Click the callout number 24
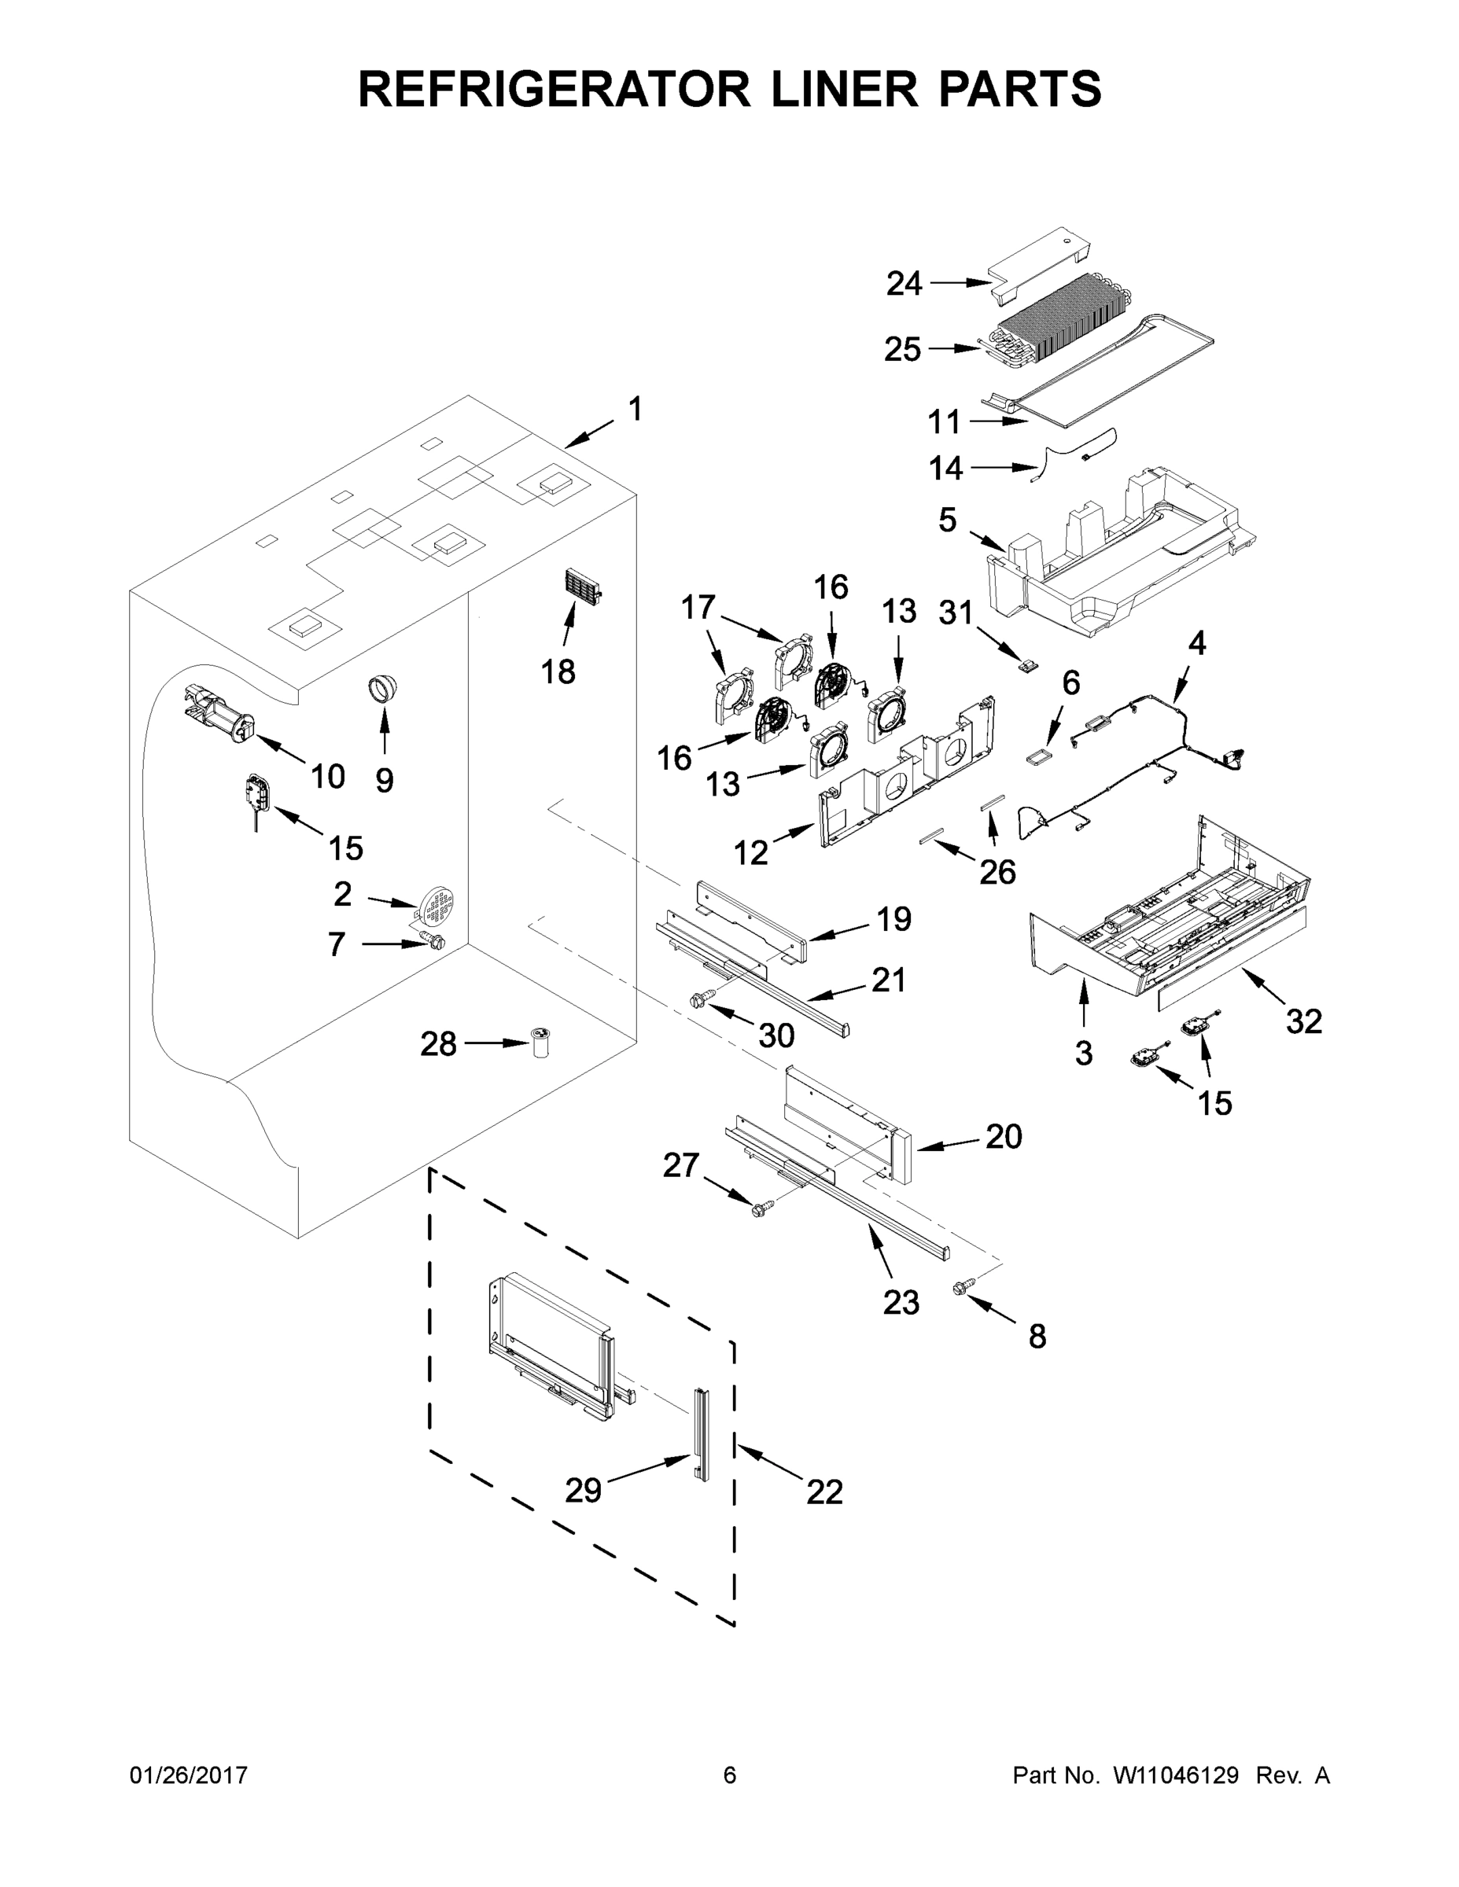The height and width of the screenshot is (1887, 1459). (x=904, y=283)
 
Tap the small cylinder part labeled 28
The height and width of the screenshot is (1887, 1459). (x=542, y=1043)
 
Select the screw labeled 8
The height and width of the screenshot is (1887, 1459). (x=960, y=1312)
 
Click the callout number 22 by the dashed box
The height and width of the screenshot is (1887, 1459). (x=823, y=1492)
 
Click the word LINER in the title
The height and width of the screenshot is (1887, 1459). (x=846, y=89)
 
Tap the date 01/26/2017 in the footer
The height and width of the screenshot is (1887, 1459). (x=189, y=1775)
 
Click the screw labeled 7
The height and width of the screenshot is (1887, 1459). (x=432, y=940)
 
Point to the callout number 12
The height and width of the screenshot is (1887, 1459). (x=750, y=853)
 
